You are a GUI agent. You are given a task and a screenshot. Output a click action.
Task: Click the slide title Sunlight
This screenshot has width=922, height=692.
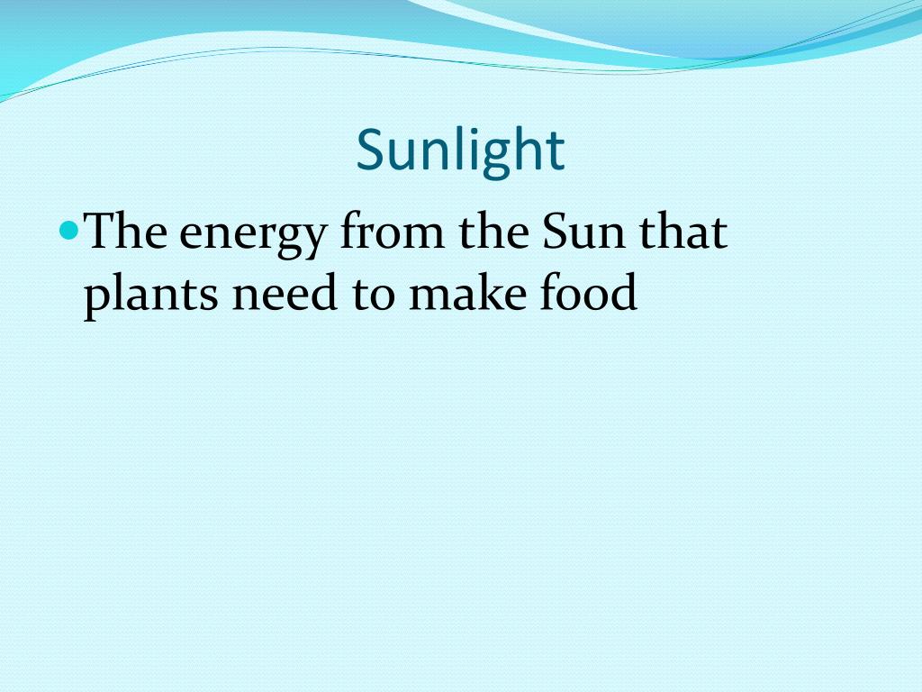point(460,150)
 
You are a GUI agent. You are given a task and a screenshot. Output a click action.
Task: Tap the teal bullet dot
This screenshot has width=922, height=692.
point(73,231)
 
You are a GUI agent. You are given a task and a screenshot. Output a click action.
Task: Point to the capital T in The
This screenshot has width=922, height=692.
point(100,232)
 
